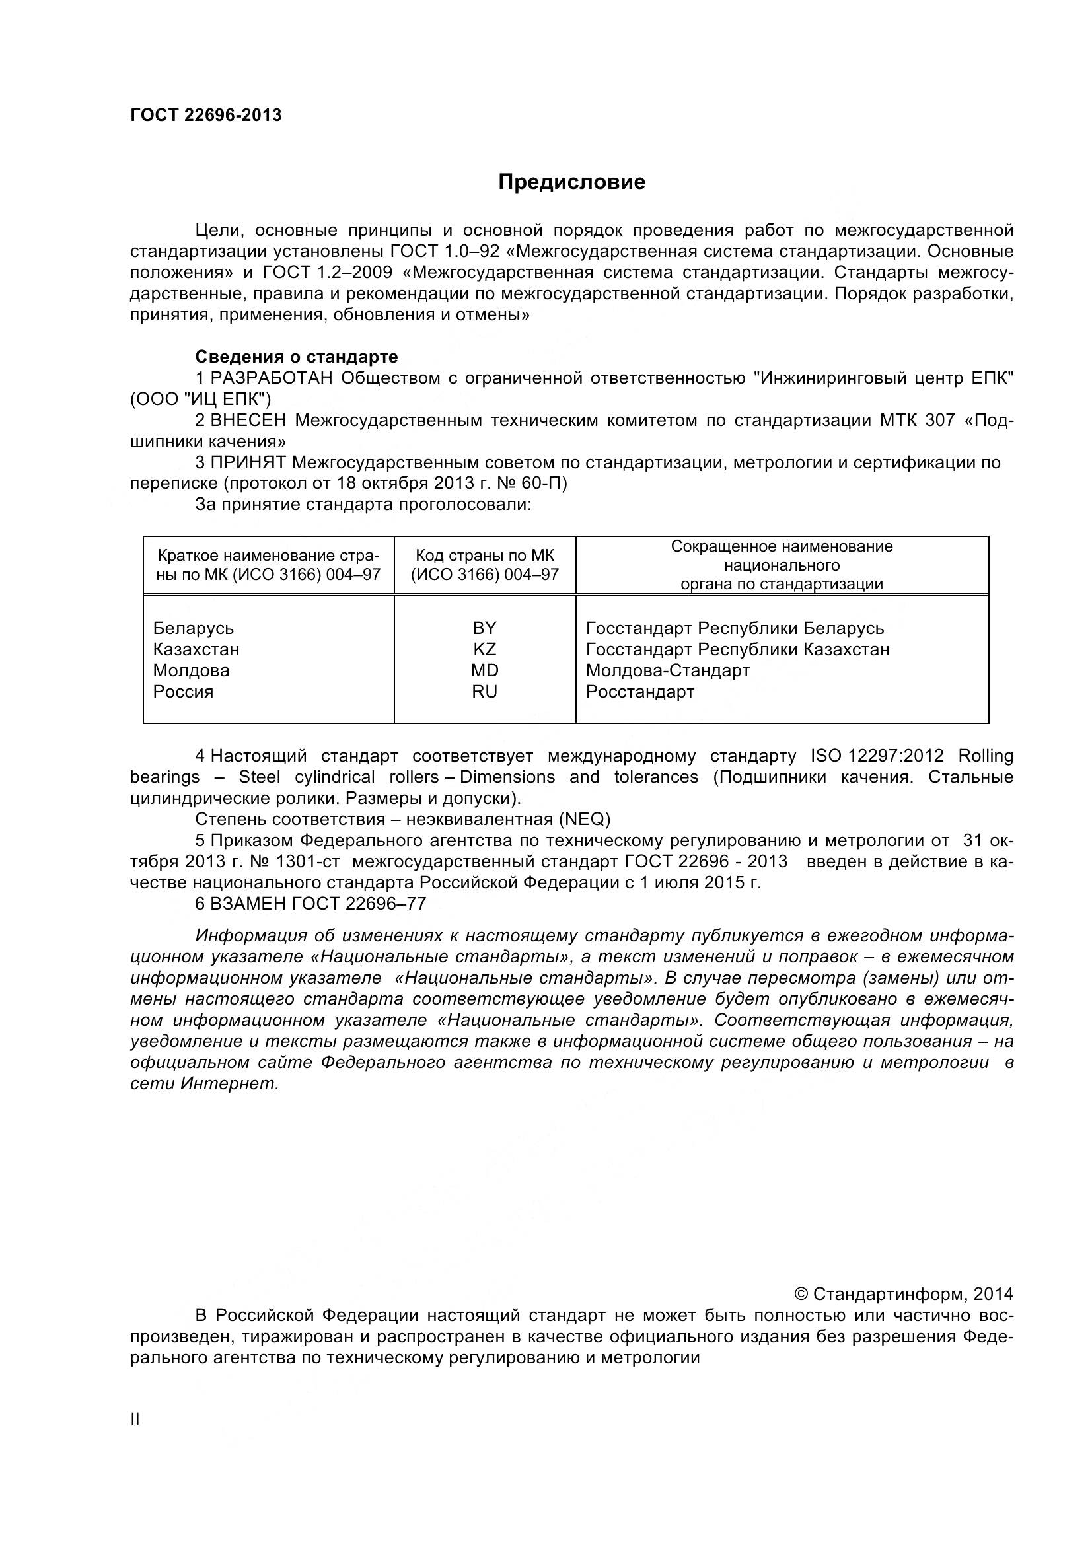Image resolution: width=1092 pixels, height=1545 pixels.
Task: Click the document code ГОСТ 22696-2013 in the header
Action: (x=206, y=115)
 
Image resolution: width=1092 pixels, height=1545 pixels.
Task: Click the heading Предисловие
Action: (x=571, y=182)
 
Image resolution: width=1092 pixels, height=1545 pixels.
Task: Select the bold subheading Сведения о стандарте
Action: (x=296, y=357)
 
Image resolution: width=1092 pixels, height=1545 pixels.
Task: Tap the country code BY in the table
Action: (x=484, y=628)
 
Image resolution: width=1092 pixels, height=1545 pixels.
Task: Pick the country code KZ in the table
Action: (x=484, y=649)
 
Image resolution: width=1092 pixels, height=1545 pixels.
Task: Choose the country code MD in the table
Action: (x=484, y=670)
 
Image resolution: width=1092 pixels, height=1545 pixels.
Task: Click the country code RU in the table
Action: (x=484, y=692)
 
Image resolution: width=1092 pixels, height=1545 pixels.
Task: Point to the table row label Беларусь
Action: (x=193, y=628)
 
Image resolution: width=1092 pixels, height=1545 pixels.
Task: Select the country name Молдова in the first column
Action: (x=191, y=670)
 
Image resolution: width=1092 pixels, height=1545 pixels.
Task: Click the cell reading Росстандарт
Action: (x=640, y=692)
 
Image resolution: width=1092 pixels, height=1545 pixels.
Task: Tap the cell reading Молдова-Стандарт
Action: (x=667, y=670)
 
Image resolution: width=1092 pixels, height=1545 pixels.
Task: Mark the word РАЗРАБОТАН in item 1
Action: (x=272, y=378)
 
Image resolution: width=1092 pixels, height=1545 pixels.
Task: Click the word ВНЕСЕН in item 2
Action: (x=248, y=421)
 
